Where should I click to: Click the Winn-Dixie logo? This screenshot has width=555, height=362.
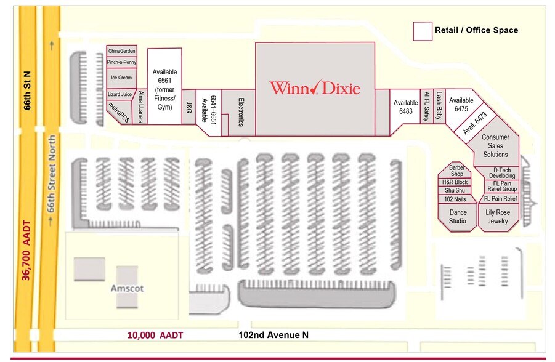click(x=315, y=87)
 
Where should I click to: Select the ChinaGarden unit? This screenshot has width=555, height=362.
click(x=121, y=50)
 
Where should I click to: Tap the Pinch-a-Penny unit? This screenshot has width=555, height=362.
click(x=121, y=62)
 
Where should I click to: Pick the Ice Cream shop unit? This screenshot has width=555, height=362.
click(x=121, y=78)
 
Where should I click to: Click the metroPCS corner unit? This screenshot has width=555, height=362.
click(x=120, y=112)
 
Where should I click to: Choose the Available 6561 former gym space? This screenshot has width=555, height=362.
click(x=164, y=86)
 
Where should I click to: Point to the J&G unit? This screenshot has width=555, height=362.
click(x=189, y=107)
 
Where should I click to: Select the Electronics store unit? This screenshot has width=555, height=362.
click(x=238, y=113)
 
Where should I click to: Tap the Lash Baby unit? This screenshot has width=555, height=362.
click(x=439, y=106)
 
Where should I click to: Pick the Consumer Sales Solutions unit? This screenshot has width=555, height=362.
click(x=495, y=145)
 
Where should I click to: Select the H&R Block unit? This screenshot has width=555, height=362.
click(x=455, y=182)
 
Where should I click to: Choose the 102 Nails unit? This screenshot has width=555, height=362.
click(x=455, y=199)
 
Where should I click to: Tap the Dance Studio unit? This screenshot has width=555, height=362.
click(x=457, y=217)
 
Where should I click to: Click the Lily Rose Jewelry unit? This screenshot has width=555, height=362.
click(x=498, y=217)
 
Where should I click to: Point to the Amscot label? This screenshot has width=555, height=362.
click(x=127, y=288)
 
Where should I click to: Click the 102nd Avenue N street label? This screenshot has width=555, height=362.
click(x=273, y=335)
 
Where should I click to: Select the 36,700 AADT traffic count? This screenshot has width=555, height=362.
click(x=26, y=251)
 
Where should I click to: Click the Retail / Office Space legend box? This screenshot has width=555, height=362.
click(x=423, y=31)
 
